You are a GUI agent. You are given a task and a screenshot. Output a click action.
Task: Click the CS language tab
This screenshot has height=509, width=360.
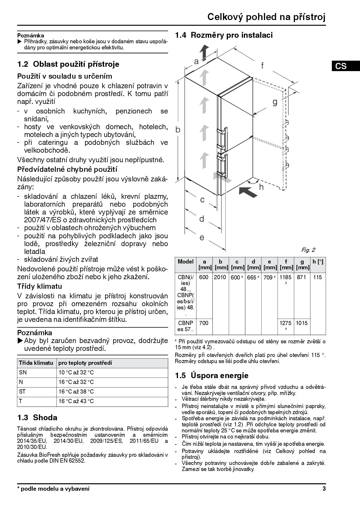(x=341, y=66)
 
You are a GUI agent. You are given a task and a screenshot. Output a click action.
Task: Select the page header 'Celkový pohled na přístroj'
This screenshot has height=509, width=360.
(x=266, y=17)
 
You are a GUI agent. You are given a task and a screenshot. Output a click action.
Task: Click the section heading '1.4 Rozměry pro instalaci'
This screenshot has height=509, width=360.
(x=224, y=35)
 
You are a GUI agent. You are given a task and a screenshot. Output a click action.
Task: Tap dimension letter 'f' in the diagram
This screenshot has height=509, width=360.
(x=262, y=66)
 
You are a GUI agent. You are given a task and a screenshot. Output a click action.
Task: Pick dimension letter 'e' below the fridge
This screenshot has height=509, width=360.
(x=202, y=238)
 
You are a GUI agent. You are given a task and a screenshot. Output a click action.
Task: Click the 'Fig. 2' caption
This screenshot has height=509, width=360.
(x=308, y=250)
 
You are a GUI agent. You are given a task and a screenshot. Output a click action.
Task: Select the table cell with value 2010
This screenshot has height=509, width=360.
(x=220, y=277)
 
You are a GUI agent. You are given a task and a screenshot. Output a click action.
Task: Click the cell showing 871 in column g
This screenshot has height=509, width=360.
(x=302, y=277)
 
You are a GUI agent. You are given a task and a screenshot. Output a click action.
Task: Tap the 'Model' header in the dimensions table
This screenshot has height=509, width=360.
(x=186, y=261)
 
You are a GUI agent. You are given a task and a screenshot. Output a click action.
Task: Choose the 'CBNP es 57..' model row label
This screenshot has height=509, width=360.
(x=186, y=326)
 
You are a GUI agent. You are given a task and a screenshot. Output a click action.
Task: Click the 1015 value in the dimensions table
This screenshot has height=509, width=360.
(x=302, y=323)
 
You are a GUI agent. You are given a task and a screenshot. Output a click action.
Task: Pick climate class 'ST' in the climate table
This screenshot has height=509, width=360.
(x=22, y=391)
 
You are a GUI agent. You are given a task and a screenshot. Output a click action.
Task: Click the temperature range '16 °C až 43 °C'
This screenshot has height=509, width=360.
(x=76, y=401)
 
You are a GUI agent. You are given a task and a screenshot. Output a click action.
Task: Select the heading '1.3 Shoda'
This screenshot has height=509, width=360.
(x=37, y=418)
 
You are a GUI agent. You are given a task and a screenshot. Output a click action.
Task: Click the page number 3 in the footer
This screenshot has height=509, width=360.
(x=324, y=489)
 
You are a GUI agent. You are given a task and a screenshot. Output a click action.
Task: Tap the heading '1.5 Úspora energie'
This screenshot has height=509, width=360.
(x=212, y=376)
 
